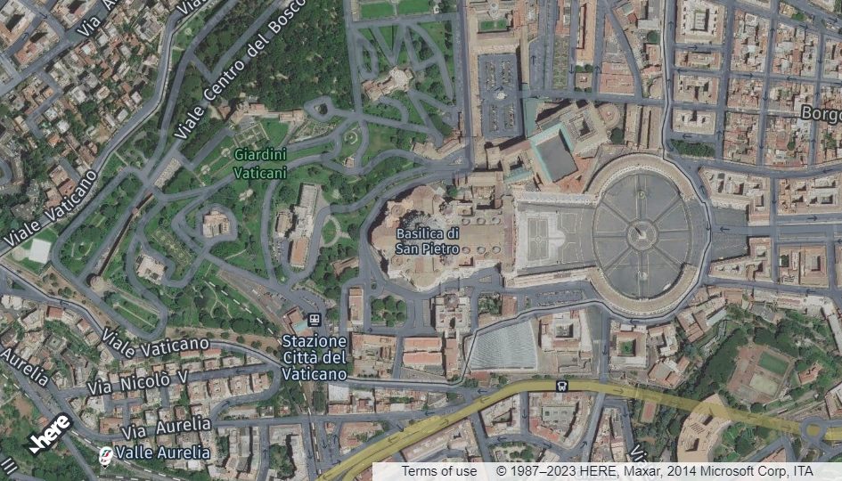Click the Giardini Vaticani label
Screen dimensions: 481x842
260,161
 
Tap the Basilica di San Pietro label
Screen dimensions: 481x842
428,241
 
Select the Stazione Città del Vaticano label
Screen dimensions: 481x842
315,357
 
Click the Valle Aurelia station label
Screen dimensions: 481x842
163,452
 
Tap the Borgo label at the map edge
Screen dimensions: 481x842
820,113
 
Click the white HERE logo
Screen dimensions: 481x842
50,433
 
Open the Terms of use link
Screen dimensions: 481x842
438,471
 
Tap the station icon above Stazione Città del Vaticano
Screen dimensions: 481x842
314,319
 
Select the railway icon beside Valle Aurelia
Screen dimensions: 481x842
106,453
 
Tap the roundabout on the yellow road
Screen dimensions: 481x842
815,432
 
